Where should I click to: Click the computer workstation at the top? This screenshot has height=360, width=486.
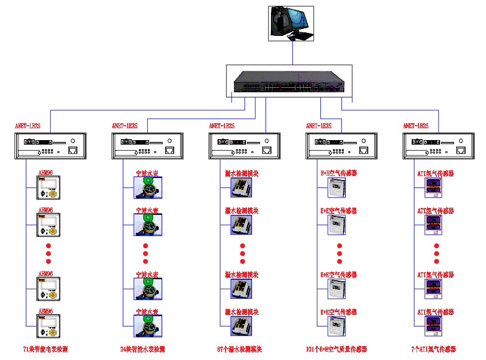291,23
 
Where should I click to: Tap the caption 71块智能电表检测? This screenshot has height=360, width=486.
45,349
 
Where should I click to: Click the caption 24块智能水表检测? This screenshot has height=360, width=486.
142,349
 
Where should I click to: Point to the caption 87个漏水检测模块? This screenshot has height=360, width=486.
240,349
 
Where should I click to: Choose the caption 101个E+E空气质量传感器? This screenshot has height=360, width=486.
336,349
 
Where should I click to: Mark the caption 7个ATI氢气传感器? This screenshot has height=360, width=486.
434,349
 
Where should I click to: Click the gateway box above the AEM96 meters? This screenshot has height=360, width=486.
50,146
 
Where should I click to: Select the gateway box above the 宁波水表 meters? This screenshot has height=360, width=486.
147,146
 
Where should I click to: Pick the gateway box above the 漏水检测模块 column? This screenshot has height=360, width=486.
244,146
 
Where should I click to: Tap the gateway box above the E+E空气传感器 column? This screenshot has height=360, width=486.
341,146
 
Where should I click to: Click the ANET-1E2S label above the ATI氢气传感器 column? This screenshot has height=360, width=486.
416,126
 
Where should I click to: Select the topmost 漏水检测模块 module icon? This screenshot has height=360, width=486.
241,187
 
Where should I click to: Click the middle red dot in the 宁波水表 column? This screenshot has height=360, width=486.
146,254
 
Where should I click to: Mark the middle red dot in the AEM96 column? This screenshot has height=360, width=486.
48,254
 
